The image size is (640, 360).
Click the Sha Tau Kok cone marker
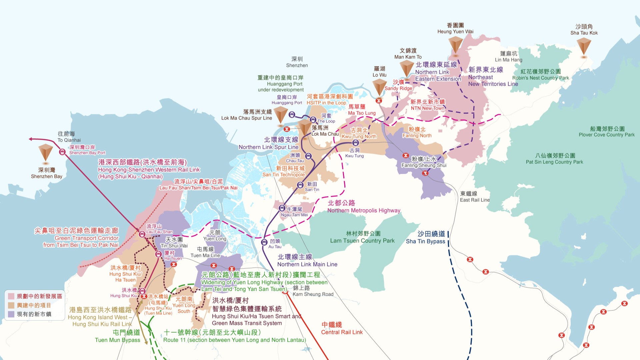584,46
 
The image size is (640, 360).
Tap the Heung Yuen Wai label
455,29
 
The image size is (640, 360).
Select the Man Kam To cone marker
407,68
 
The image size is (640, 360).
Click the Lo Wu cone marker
379,87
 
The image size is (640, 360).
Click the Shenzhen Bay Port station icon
62,152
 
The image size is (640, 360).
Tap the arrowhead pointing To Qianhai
31,139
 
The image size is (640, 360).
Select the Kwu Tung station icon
356,143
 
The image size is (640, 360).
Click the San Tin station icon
300,185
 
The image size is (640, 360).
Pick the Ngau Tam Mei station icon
282,208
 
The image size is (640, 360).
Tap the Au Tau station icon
264,242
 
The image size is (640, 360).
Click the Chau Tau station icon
309,156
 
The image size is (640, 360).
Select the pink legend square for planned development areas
11,296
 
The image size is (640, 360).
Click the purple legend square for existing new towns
11,314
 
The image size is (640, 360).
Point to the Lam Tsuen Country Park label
362,237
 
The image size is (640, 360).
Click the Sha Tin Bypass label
426,237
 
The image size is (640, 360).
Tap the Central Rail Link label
342,328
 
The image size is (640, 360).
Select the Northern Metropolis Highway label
363,207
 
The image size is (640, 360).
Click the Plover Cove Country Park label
607,132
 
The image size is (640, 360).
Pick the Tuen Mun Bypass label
118,336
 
